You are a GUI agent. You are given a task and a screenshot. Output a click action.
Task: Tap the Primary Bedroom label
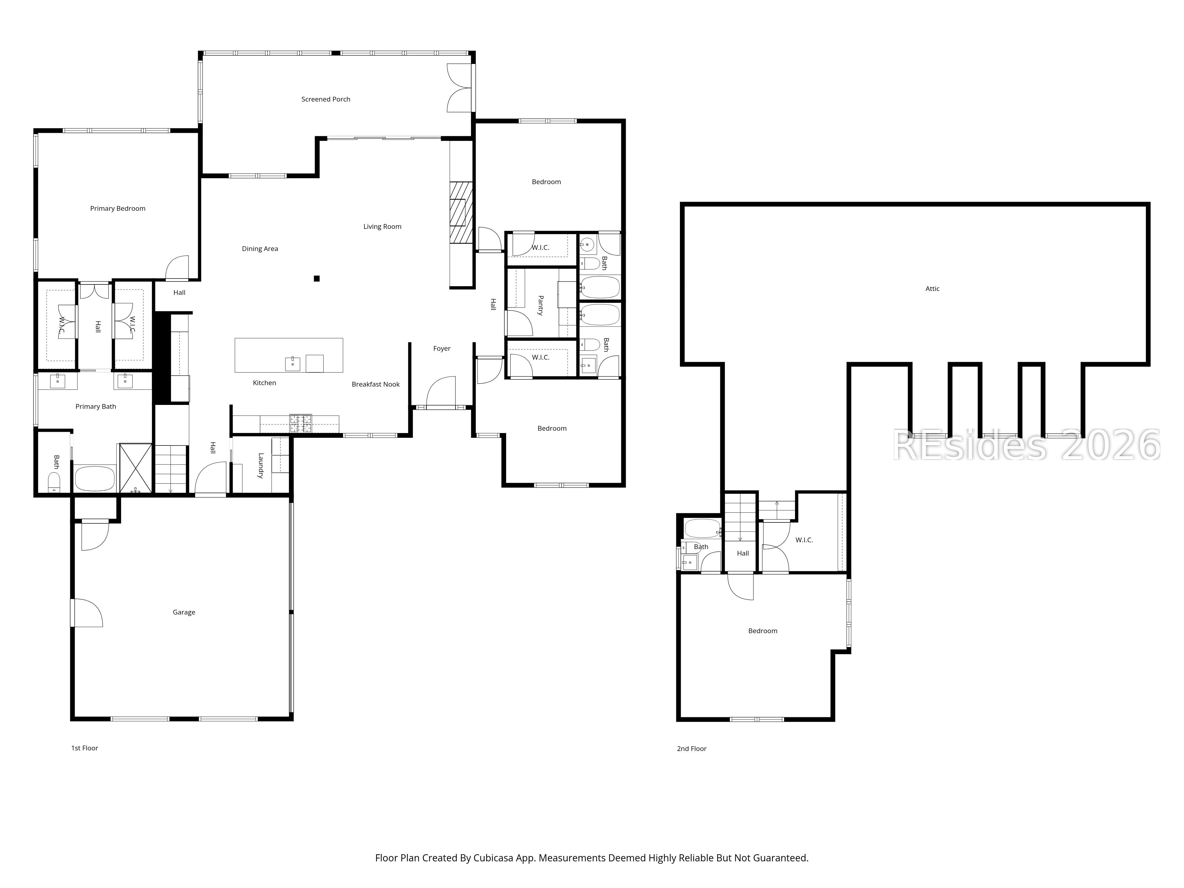click(118, 208)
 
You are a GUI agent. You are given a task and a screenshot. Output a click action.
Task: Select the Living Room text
click(382, 226)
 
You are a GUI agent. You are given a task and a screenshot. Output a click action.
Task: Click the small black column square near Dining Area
click(317, 278)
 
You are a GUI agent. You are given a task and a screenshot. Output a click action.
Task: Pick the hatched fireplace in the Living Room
click(461, 213)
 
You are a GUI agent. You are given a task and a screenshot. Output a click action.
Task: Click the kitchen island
click(289, 355)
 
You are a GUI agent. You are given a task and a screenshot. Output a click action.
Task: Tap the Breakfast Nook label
click(376, 384)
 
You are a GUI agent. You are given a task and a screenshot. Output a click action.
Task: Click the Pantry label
click(540, 306)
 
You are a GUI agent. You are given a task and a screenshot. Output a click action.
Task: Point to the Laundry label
click(261, 466)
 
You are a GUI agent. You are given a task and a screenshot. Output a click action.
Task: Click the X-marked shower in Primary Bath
click(136, 468)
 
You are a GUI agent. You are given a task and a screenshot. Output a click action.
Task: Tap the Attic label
click(932, 289)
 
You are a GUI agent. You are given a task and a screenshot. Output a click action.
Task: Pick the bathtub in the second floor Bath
click(702, 528)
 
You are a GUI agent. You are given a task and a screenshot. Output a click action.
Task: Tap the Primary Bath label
click(96, 406)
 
